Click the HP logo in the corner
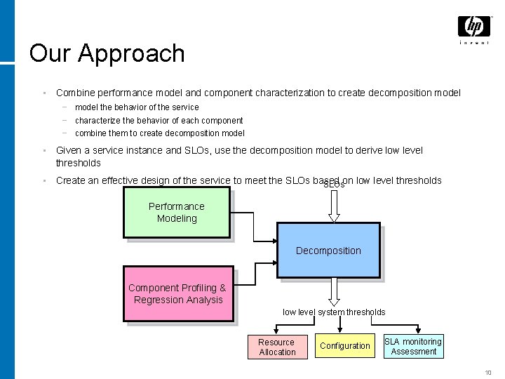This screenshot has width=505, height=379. coord(474,27)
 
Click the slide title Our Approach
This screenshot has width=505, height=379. coord(107,53)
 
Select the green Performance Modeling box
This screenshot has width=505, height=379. coord(176,212)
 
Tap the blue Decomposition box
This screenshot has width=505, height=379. coord(328,251)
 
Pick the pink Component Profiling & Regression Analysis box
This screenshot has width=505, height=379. coord(177,293)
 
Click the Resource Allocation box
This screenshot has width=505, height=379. coord(276,347)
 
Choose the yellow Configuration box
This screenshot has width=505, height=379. coord(344,346)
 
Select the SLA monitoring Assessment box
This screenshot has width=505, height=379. coord(413,346)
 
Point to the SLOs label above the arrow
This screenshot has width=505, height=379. coord(334,185)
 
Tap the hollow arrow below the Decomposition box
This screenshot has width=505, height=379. coord(334,291)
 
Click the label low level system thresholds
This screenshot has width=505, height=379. coord(334,312)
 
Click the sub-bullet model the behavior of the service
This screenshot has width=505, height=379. coord(137,107)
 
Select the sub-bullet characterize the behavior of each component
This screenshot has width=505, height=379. coord(159,121)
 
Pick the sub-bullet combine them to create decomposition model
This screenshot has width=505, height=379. coord(159,133)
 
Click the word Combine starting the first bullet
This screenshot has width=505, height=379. coord(73,92)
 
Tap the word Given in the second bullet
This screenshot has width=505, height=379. coord(69,150)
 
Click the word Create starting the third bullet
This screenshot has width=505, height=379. coord(71,180)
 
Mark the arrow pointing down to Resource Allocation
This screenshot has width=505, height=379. coord(276,328)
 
